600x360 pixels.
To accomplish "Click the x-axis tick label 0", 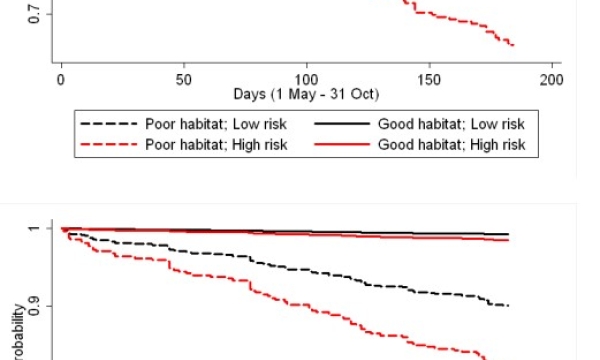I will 62,80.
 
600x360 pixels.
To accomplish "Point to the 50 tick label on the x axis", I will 184,80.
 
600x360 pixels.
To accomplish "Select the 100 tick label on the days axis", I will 307,80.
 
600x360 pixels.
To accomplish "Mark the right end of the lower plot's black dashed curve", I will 509,305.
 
